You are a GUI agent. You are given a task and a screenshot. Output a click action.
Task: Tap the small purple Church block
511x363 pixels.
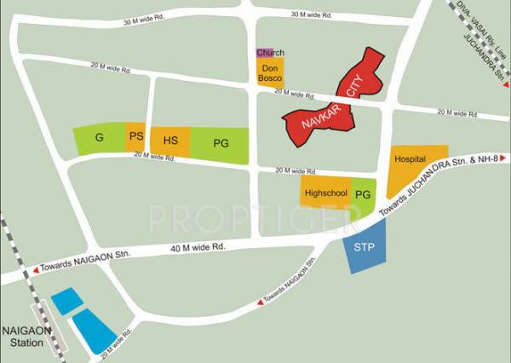(x=265, y=53)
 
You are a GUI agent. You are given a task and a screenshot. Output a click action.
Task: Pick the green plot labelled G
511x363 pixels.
(x=100, y=139)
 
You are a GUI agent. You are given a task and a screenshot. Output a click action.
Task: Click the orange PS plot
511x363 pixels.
(x=135, y=138)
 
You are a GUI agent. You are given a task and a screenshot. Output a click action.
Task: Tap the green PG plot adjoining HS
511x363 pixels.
(x=221, y=145)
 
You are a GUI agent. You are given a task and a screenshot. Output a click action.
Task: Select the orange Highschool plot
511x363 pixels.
(x=325, y=193)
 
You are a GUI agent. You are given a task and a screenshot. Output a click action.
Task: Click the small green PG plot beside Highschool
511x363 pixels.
(x=363, y=194)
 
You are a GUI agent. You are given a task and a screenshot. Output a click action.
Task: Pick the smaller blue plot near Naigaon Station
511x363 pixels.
(x=66, y=300)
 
